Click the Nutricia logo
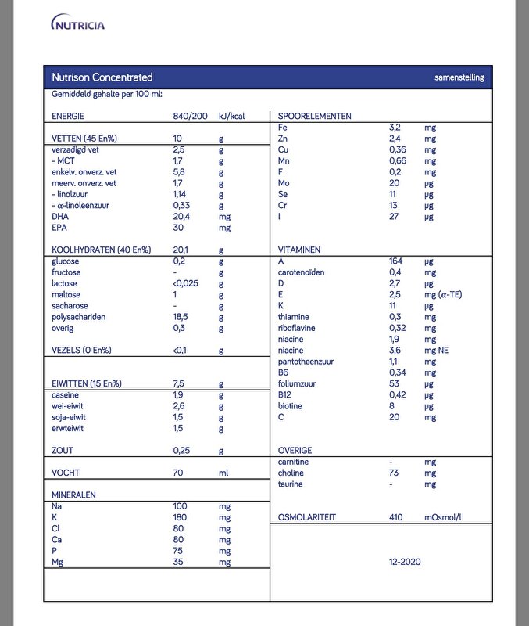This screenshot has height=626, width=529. (x=77, y=24)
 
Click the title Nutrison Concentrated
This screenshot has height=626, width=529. (x=102, y=77)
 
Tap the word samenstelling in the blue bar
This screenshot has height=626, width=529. (x=459, y=77)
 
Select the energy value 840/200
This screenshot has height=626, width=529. (x=190, y=116)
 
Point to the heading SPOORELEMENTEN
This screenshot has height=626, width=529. (x=314, y=116)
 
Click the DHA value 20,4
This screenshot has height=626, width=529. (x=181, y=217)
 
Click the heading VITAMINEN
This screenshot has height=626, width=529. (x=299, y=250)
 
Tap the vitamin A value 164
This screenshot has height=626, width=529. (x=396, y=261)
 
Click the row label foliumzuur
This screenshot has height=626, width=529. (x=300, y=384)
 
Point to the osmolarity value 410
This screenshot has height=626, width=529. (x=397, y=517)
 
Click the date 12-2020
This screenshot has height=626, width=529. (x=406, y=562)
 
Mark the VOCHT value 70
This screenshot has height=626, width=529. (x=179, y=473)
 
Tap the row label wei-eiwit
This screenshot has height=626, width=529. (x=70, y=406)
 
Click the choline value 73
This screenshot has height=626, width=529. (x=394, y=473)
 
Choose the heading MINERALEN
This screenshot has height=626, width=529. (x=74, y=495)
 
